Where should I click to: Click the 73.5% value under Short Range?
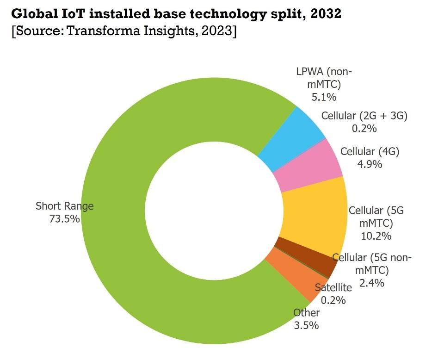tap(64, 218)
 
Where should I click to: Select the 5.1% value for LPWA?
tap(324, 97)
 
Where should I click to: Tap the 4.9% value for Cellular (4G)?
tap(370, 164)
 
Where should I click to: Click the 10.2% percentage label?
tap(376, 236)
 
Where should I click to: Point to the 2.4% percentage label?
tap(372, 283)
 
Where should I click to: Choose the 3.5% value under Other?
tap(306, 325)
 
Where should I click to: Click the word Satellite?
tap(333, 287)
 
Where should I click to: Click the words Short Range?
tap(64, 206)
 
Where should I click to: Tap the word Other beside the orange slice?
tap(306, 313)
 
